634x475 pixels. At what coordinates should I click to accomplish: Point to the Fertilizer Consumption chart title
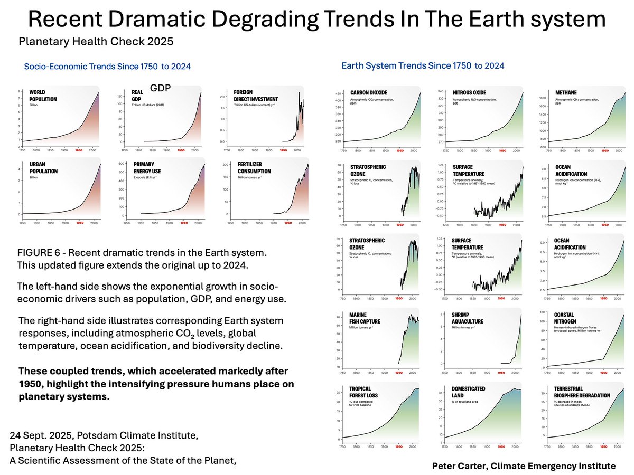click(253, 168)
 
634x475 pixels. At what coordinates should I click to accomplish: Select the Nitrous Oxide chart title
click(469, 93)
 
